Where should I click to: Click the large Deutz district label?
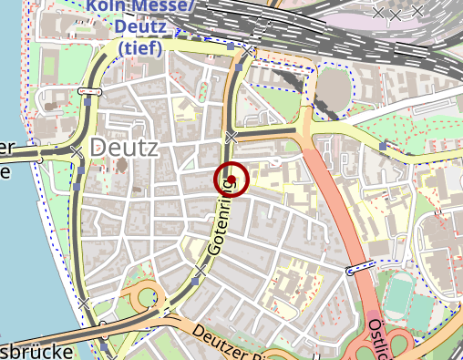point(125,148)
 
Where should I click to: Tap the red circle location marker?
point(231,179)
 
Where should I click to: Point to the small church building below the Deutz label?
point(121,167)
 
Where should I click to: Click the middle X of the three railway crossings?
point(396,15)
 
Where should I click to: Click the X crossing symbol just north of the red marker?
point(231,137)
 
